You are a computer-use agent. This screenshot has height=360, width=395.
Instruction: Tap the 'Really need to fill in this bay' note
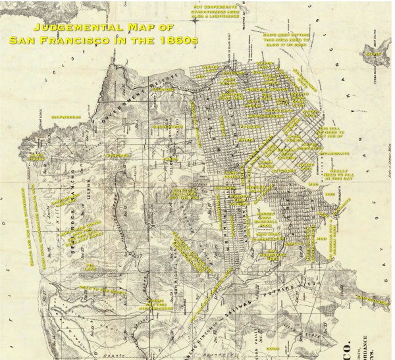point(339,172)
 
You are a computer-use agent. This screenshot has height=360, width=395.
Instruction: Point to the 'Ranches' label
point(117,155)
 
